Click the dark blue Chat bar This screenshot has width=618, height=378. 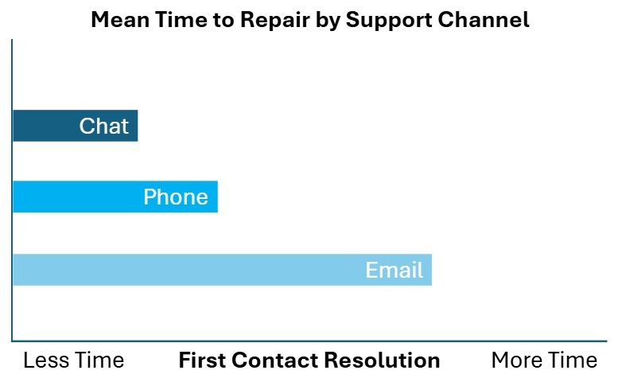click(x=76, y=126)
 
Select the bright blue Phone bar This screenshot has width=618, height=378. click(x=115, y=197)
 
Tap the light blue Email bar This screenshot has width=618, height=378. click(x=222, y=270)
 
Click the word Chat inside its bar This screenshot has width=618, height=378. click(x=104, y=126)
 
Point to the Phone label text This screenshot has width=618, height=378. click(x=176, y=197)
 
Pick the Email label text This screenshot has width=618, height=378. click(x=395, y=270)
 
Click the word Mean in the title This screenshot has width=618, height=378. click(x=120, y=19)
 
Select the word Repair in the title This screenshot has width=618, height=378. click(x=275, y=21)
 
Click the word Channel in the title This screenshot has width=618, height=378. click(x=484, y=19)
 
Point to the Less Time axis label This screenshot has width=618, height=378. click(x=74, y=360)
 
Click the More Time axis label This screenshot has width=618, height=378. click(x=544, y=360)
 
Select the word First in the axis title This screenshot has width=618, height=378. click(x=202, y=360)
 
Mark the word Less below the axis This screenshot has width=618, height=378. click(x=45, y=360)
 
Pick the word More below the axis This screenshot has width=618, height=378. click(x=516, y=360)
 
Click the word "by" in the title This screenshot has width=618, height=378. click(x=328, y=21)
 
